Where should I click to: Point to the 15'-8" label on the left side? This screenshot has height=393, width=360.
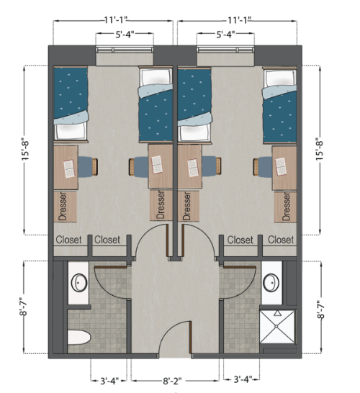tap(25, 150)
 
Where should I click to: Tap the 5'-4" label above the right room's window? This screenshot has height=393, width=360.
tap(231, 34)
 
